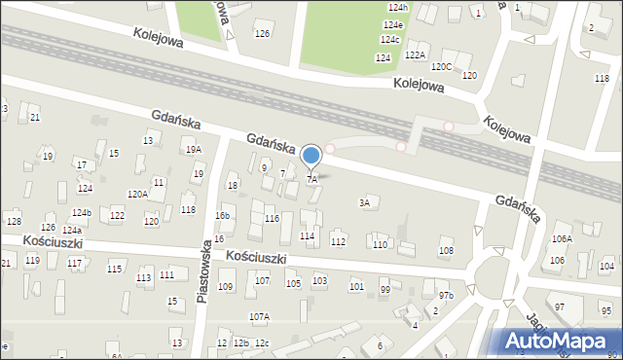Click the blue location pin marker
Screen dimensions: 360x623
click(x=311, y=156)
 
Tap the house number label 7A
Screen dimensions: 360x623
click(x=312, y=180)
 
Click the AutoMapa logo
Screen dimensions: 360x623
click(x=560, y=341)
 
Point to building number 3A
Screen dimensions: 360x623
click(x=365, y=203)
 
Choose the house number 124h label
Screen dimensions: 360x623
click(x=397, y=8)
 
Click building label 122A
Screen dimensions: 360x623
click(x=416, y=55)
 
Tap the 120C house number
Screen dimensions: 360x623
click(x=441, y=66)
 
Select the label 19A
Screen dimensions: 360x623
click(x=194, y=150)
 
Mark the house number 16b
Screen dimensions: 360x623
click(x=223, y=216)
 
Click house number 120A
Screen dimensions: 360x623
click(x=137, y=195)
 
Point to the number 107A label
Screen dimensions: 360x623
click(x=259, y=316)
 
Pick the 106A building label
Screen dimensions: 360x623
click(x=562, y=238)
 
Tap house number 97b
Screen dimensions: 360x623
click(x=446, y=295)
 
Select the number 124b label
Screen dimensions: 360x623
click(x=82, y=212)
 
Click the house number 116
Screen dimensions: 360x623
click(x=272, y=219)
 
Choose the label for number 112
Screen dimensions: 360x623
click(x=338, y=241)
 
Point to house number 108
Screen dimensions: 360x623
click(x=446, y=251)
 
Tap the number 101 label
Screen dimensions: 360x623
click(x=356, y=286)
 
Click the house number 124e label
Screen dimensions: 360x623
click(x=393, y=24)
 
